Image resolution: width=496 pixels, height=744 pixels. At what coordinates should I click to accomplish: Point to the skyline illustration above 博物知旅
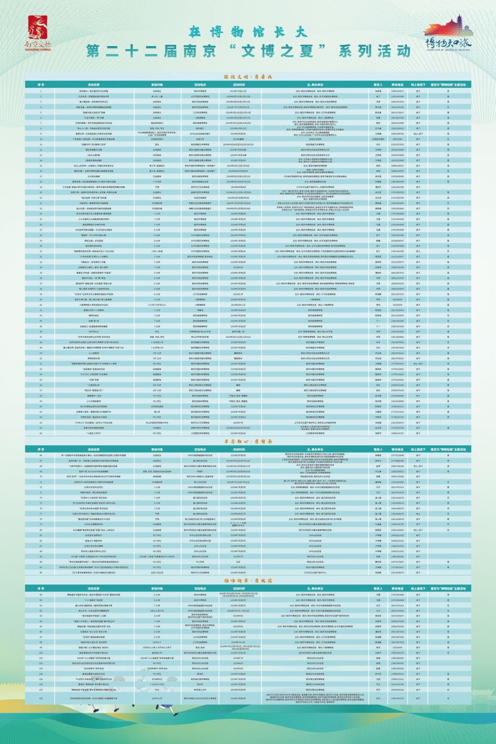coord(449,27)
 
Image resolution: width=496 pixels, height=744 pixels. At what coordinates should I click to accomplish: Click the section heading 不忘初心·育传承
coord(248,440)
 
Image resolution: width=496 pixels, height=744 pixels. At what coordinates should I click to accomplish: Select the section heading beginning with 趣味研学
coord(248,580)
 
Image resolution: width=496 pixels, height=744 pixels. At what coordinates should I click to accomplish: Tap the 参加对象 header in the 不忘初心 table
coord(157,447)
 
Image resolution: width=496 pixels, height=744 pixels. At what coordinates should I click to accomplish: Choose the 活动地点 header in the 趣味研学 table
coord(200,588)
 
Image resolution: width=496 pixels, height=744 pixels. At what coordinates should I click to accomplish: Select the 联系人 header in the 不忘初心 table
coord(378,447)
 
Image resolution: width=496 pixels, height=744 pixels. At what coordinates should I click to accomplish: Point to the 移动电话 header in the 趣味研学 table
coord(399,588)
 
